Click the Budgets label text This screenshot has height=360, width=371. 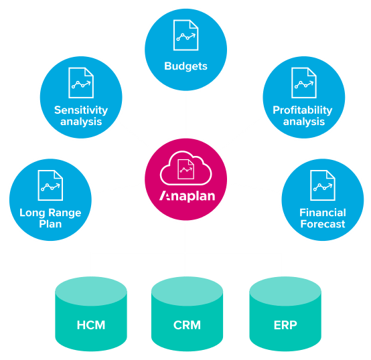click(185, 66)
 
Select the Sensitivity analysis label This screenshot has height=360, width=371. click(81, 116)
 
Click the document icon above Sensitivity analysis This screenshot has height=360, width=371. click(81, 82)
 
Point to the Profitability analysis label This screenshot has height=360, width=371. click(302, 116)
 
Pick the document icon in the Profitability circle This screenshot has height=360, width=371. click(303, 82)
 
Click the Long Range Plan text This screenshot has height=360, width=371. click(50, 218)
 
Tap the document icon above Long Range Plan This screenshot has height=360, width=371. click(50, 185)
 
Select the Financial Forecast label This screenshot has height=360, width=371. click(322, 218)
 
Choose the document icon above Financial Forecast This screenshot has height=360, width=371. click(322, 185)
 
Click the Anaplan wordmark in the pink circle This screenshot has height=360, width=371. click(185, 196)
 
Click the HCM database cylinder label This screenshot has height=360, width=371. click(90, 326)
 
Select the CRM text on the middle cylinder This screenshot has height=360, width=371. click(186, 326)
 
